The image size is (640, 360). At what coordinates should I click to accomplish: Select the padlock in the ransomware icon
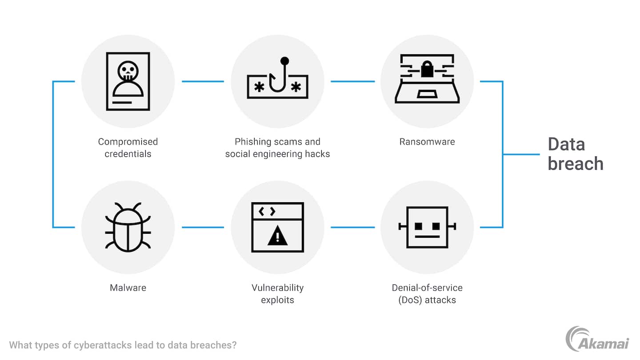(427, 70)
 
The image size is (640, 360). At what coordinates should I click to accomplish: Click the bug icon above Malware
(128, 227)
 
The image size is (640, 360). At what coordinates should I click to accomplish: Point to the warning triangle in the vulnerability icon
(277, 236)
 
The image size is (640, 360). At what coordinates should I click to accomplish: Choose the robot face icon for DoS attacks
(427, 227)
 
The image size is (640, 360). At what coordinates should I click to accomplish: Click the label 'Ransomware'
(427, 142)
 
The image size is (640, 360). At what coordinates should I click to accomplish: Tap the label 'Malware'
(128, 288)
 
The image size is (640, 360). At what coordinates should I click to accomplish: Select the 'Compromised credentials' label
(128, 148)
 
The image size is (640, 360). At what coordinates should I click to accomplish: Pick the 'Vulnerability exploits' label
(277, 293)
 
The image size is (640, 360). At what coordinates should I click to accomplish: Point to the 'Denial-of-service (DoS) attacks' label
(427, 293)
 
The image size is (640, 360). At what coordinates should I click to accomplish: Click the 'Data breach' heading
(575, 154)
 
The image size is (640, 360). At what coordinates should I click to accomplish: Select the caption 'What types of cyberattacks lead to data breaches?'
(123, 345)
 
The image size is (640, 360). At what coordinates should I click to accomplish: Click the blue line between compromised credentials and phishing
(203, 81)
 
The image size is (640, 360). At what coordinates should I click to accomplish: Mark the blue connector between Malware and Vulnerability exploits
(203, 227)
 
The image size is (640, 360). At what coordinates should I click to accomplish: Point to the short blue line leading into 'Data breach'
(521, 154)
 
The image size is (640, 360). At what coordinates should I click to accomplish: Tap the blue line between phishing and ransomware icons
(352, 81)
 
